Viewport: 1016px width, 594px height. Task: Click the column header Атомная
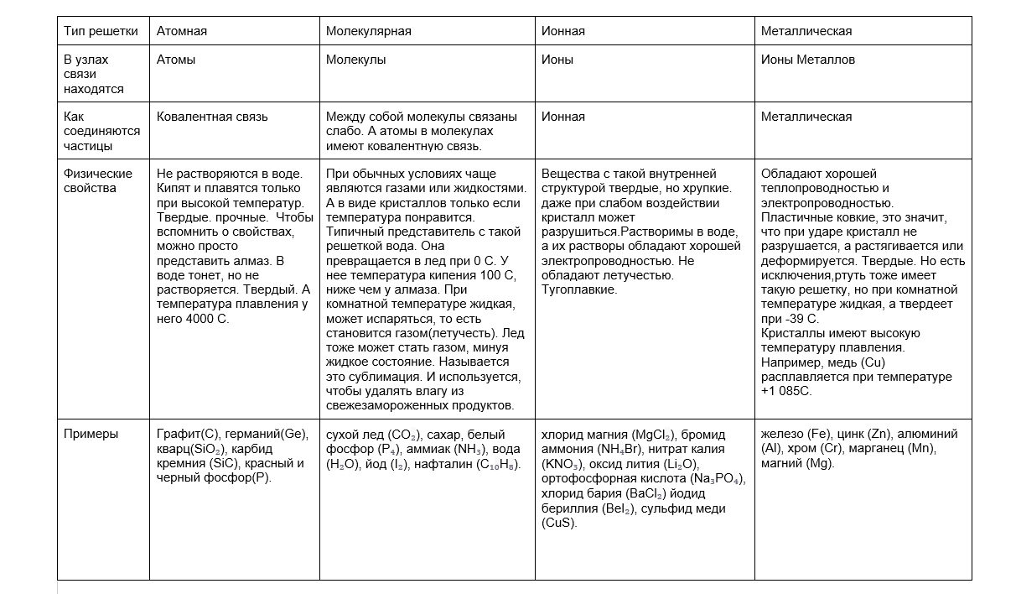tap(182, 31)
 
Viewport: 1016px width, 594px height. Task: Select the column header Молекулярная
tap(368, 31)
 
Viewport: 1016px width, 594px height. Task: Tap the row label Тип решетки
tap(101, 31)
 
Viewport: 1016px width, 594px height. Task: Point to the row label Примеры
tap(91, 434)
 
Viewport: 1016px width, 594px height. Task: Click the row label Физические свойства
tap(97, 180)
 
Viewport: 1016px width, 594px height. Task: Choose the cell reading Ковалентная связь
tap(212, 117)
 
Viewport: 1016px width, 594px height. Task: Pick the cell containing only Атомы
tap(176, 60)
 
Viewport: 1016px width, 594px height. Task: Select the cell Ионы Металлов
tap(808, 60)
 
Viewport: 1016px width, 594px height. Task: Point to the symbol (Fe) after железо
tap(820, 434)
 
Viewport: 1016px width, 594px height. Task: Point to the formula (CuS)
tap(560, 523)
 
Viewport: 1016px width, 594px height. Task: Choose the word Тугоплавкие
tap(579, 289)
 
